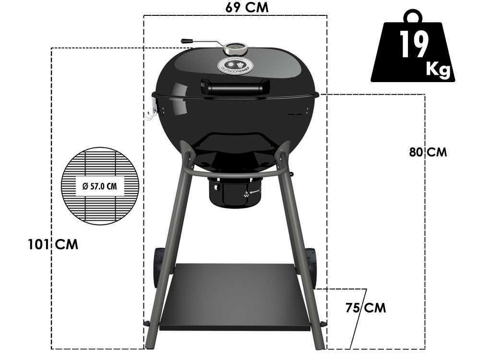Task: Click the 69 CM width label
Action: tap(247, 8)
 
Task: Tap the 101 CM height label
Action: tap(53, 245)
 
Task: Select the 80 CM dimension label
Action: tap(428, 152)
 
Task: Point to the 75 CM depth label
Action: tap(365, 308)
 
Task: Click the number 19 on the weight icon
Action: tap(414, 44)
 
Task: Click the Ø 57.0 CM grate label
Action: tap(100, 186)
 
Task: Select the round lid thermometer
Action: tap(235, 48)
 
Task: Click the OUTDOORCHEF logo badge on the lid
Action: tap(235, 65)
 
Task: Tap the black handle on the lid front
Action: tap(235, 86)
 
